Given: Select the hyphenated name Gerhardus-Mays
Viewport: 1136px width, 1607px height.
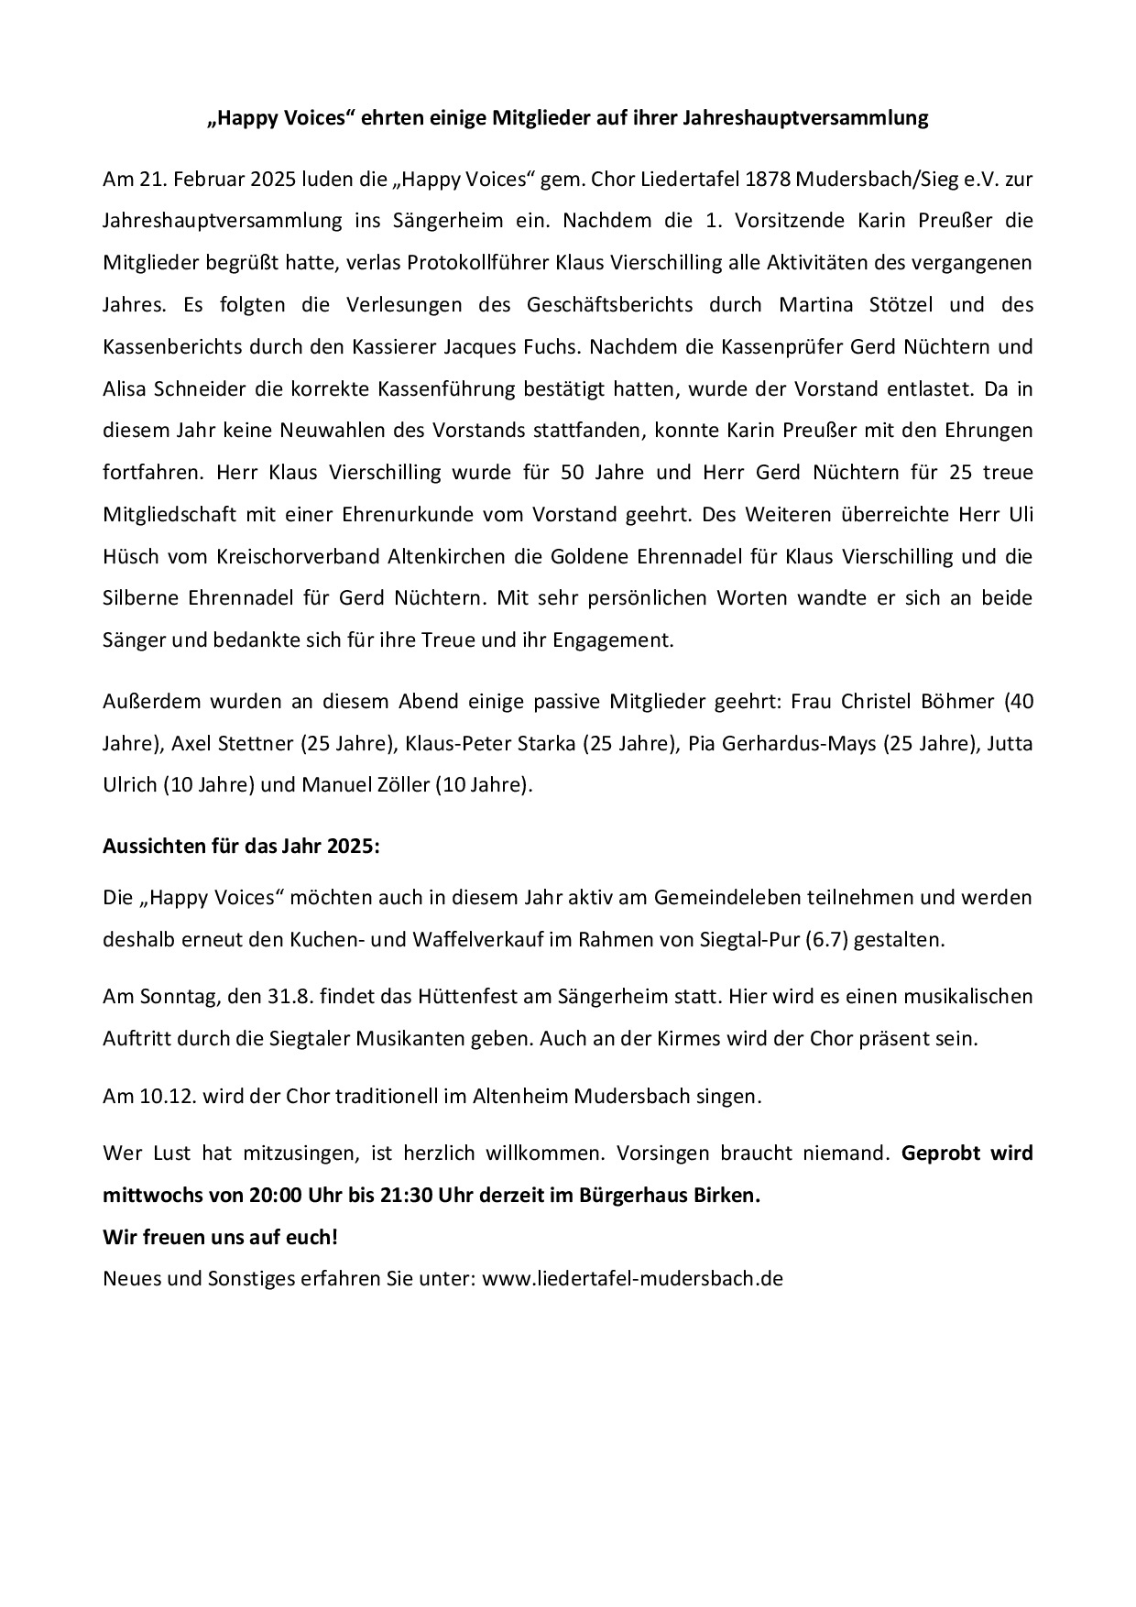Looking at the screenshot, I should (x=801, y=743).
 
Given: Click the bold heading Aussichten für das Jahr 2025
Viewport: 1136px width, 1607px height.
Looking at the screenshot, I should (x=241, y=847).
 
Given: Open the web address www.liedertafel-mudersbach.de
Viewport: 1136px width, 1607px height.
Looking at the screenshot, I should (x=632, y=1278).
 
